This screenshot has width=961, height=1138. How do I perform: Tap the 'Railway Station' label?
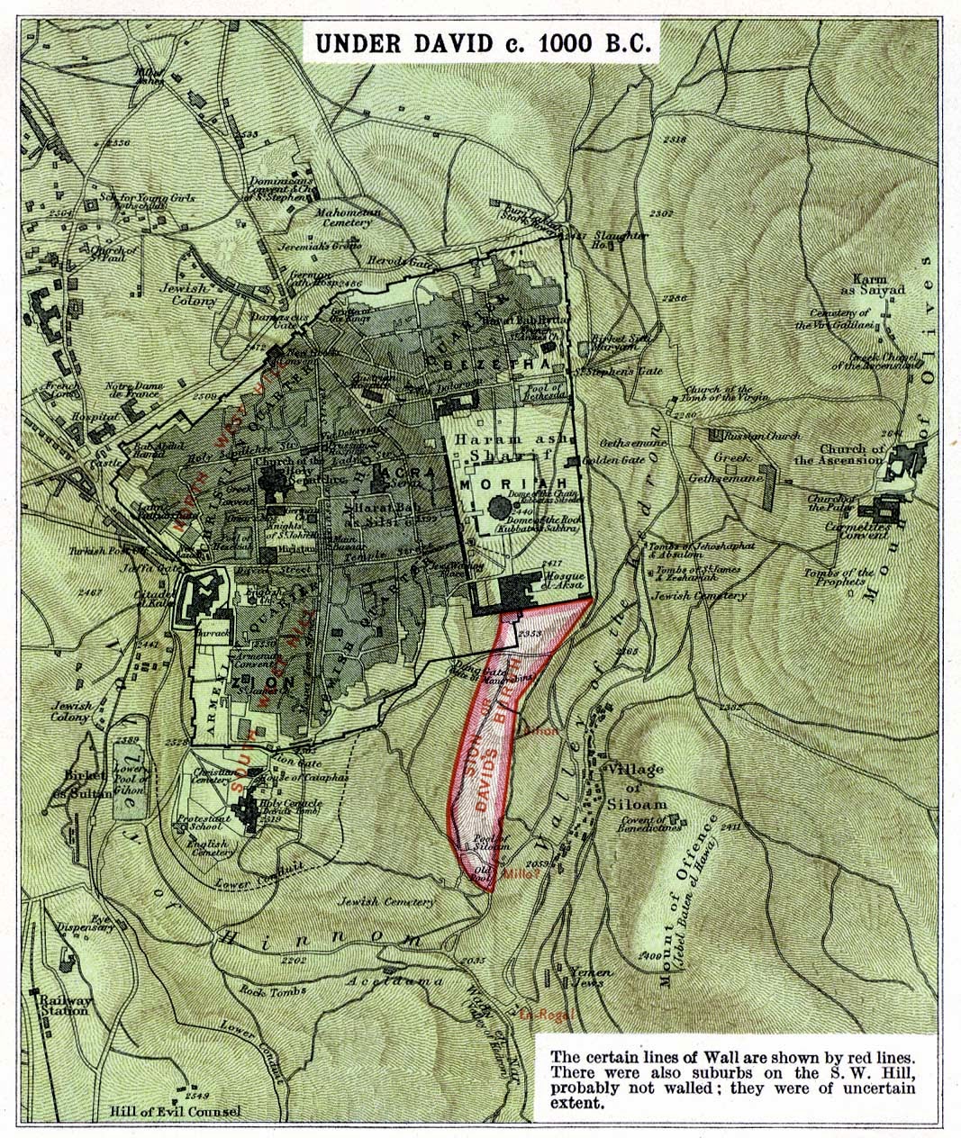pyautogui.click(x=62, y=1005)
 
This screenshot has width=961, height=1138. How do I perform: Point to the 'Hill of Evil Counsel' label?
pyautogui.click(x=176, y=1111)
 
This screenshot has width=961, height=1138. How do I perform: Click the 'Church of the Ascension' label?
pyautogui.click(x=852, y=454)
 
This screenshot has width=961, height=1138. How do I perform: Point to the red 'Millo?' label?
pyautogui.click(x=521, y=872)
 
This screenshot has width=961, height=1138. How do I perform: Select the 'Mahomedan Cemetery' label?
pyautogui.click(x=342, y=216)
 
